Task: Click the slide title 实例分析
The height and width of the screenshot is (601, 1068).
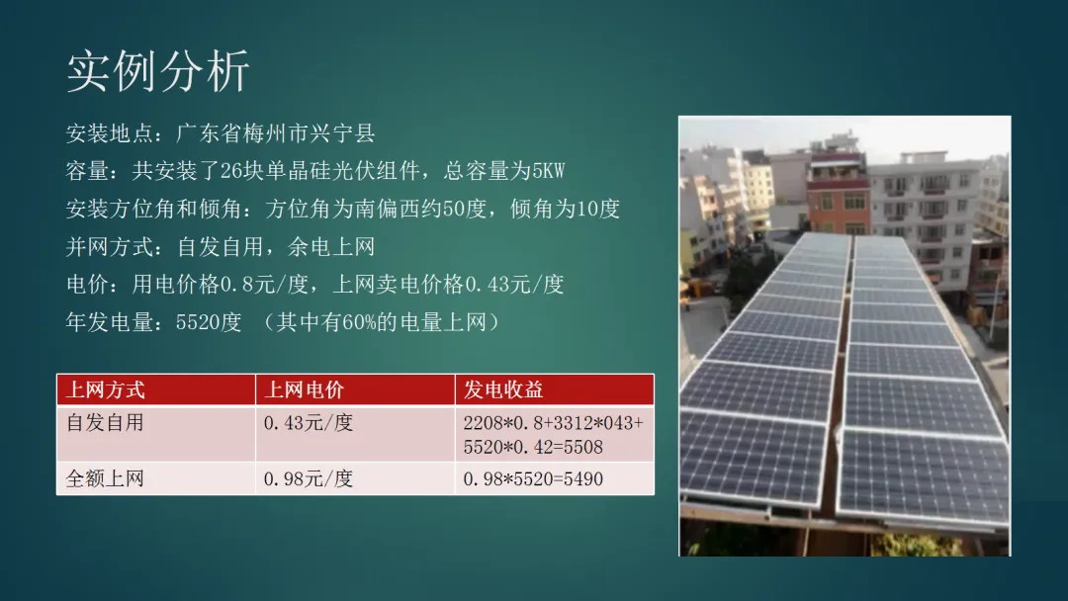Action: (158, 72)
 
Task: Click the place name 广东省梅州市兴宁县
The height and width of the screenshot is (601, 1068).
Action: (276, 133)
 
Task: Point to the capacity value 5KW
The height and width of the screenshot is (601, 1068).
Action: (548, 171)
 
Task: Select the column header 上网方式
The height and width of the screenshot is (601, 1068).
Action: (105, 390)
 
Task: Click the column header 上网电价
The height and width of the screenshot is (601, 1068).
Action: (304, 390)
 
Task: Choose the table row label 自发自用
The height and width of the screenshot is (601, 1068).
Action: (105, 423)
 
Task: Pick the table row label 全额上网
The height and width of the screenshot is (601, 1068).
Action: (105, 479)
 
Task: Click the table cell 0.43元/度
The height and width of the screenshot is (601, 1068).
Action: (308, 423)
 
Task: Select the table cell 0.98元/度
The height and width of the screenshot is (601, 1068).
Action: (308, 479)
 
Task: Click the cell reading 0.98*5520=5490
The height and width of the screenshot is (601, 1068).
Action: (533, 479)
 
